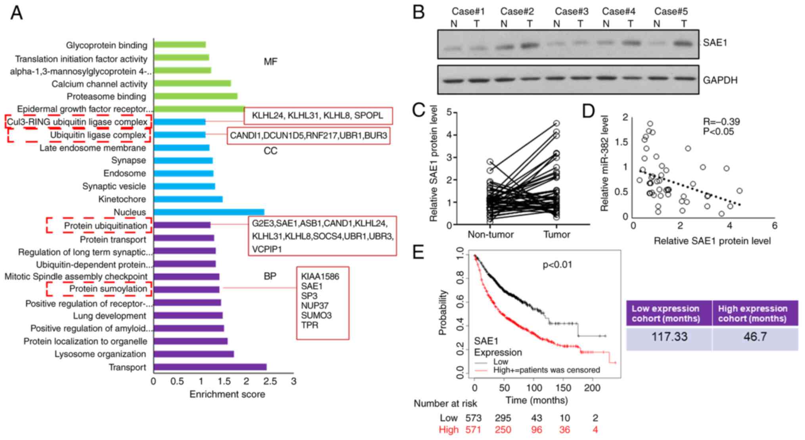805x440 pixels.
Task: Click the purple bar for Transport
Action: pos(210,367)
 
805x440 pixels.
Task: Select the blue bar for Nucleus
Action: pos(209,212)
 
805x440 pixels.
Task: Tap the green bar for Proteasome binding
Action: pos(195,96)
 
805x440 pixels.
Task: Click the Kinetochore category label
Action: pos(122,199)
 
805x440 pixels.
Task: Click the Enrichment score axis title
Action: pos(227,394)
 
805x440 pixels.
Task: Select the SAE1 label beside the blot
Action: pos(715,42)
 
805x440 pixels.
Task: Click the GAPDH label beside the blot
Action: pos(720,80)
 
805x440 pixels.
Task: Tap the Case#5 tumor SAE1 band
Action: pos(683,43)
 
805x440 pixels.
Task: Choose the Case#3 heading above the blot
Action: pos(572,12)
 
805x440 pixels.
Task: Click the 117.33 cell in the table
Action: pos(669,337)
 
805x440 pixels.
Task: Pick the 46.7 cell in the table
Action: pos(755,337)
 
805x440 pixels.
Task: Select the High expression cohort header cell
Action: pos(752,313)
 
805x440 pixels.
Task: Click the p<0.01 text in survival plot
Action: pos(557,265)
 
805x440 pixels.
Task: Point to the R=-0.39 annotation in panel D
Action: pos(721,122)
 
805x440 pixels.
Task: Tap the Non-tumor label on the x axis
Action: pos(491,234)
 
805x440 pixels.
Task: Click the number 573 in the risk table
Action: pos(473,418)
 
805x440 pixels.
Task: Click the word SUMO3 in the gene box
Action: pos(316,315)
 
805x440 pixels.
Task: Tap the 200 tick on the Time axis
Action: pos(592,388)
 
